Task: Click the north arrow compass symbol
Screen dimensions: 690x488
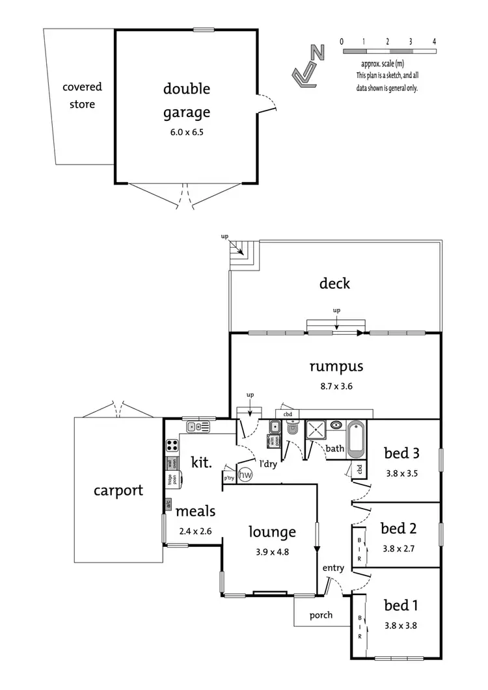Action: (x=309, y=65)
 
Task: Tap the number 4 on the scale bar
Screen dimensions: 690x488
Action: (x=433, y=41)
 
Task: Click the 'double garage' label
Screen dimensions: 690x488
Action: (x=187, y=100)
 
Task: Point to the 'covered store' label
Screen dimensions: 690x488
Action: (x=82, y=95)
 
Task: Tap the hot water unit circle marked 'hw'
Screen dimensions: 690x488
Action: (x=245, y=475)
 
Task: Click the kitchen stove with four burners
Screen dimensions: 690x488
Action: (x=172, y=445)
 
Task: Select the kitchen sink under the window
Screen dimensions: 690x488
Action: (x=198, y=427)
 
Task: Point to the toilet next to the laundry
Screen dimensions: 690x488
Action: (x=291, y=430)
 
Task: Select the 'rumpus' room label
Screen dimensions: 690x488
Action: (x=336, y=366)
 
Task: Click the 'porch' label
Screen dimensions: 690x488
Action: (x=320, y=615)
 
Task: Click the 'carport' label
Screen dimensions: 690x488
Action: (x=118, y=490)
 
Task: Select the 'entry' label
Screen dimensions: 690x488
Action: (x=333, y=568)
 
